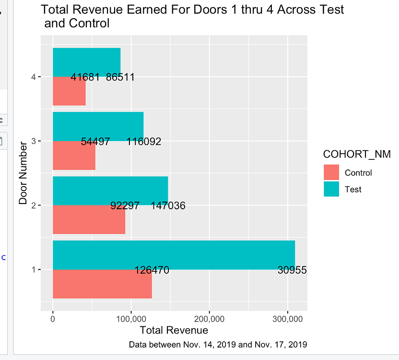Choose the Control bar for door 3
(74, 156)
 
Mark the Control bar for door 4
(69, 91)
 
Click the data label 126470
(152, 270)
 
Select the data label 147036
(168, 206)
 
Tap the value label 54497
(95, 142)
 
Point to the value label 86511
(120, 77)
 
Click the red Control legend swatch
(331, 173)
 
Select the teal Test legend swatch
(331, 189)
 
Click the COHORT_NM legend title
(357, 154)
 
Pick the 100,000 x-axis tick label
(130, 319)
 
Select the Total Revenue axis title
(174, 330)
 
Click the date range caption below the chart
(218, 345)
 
